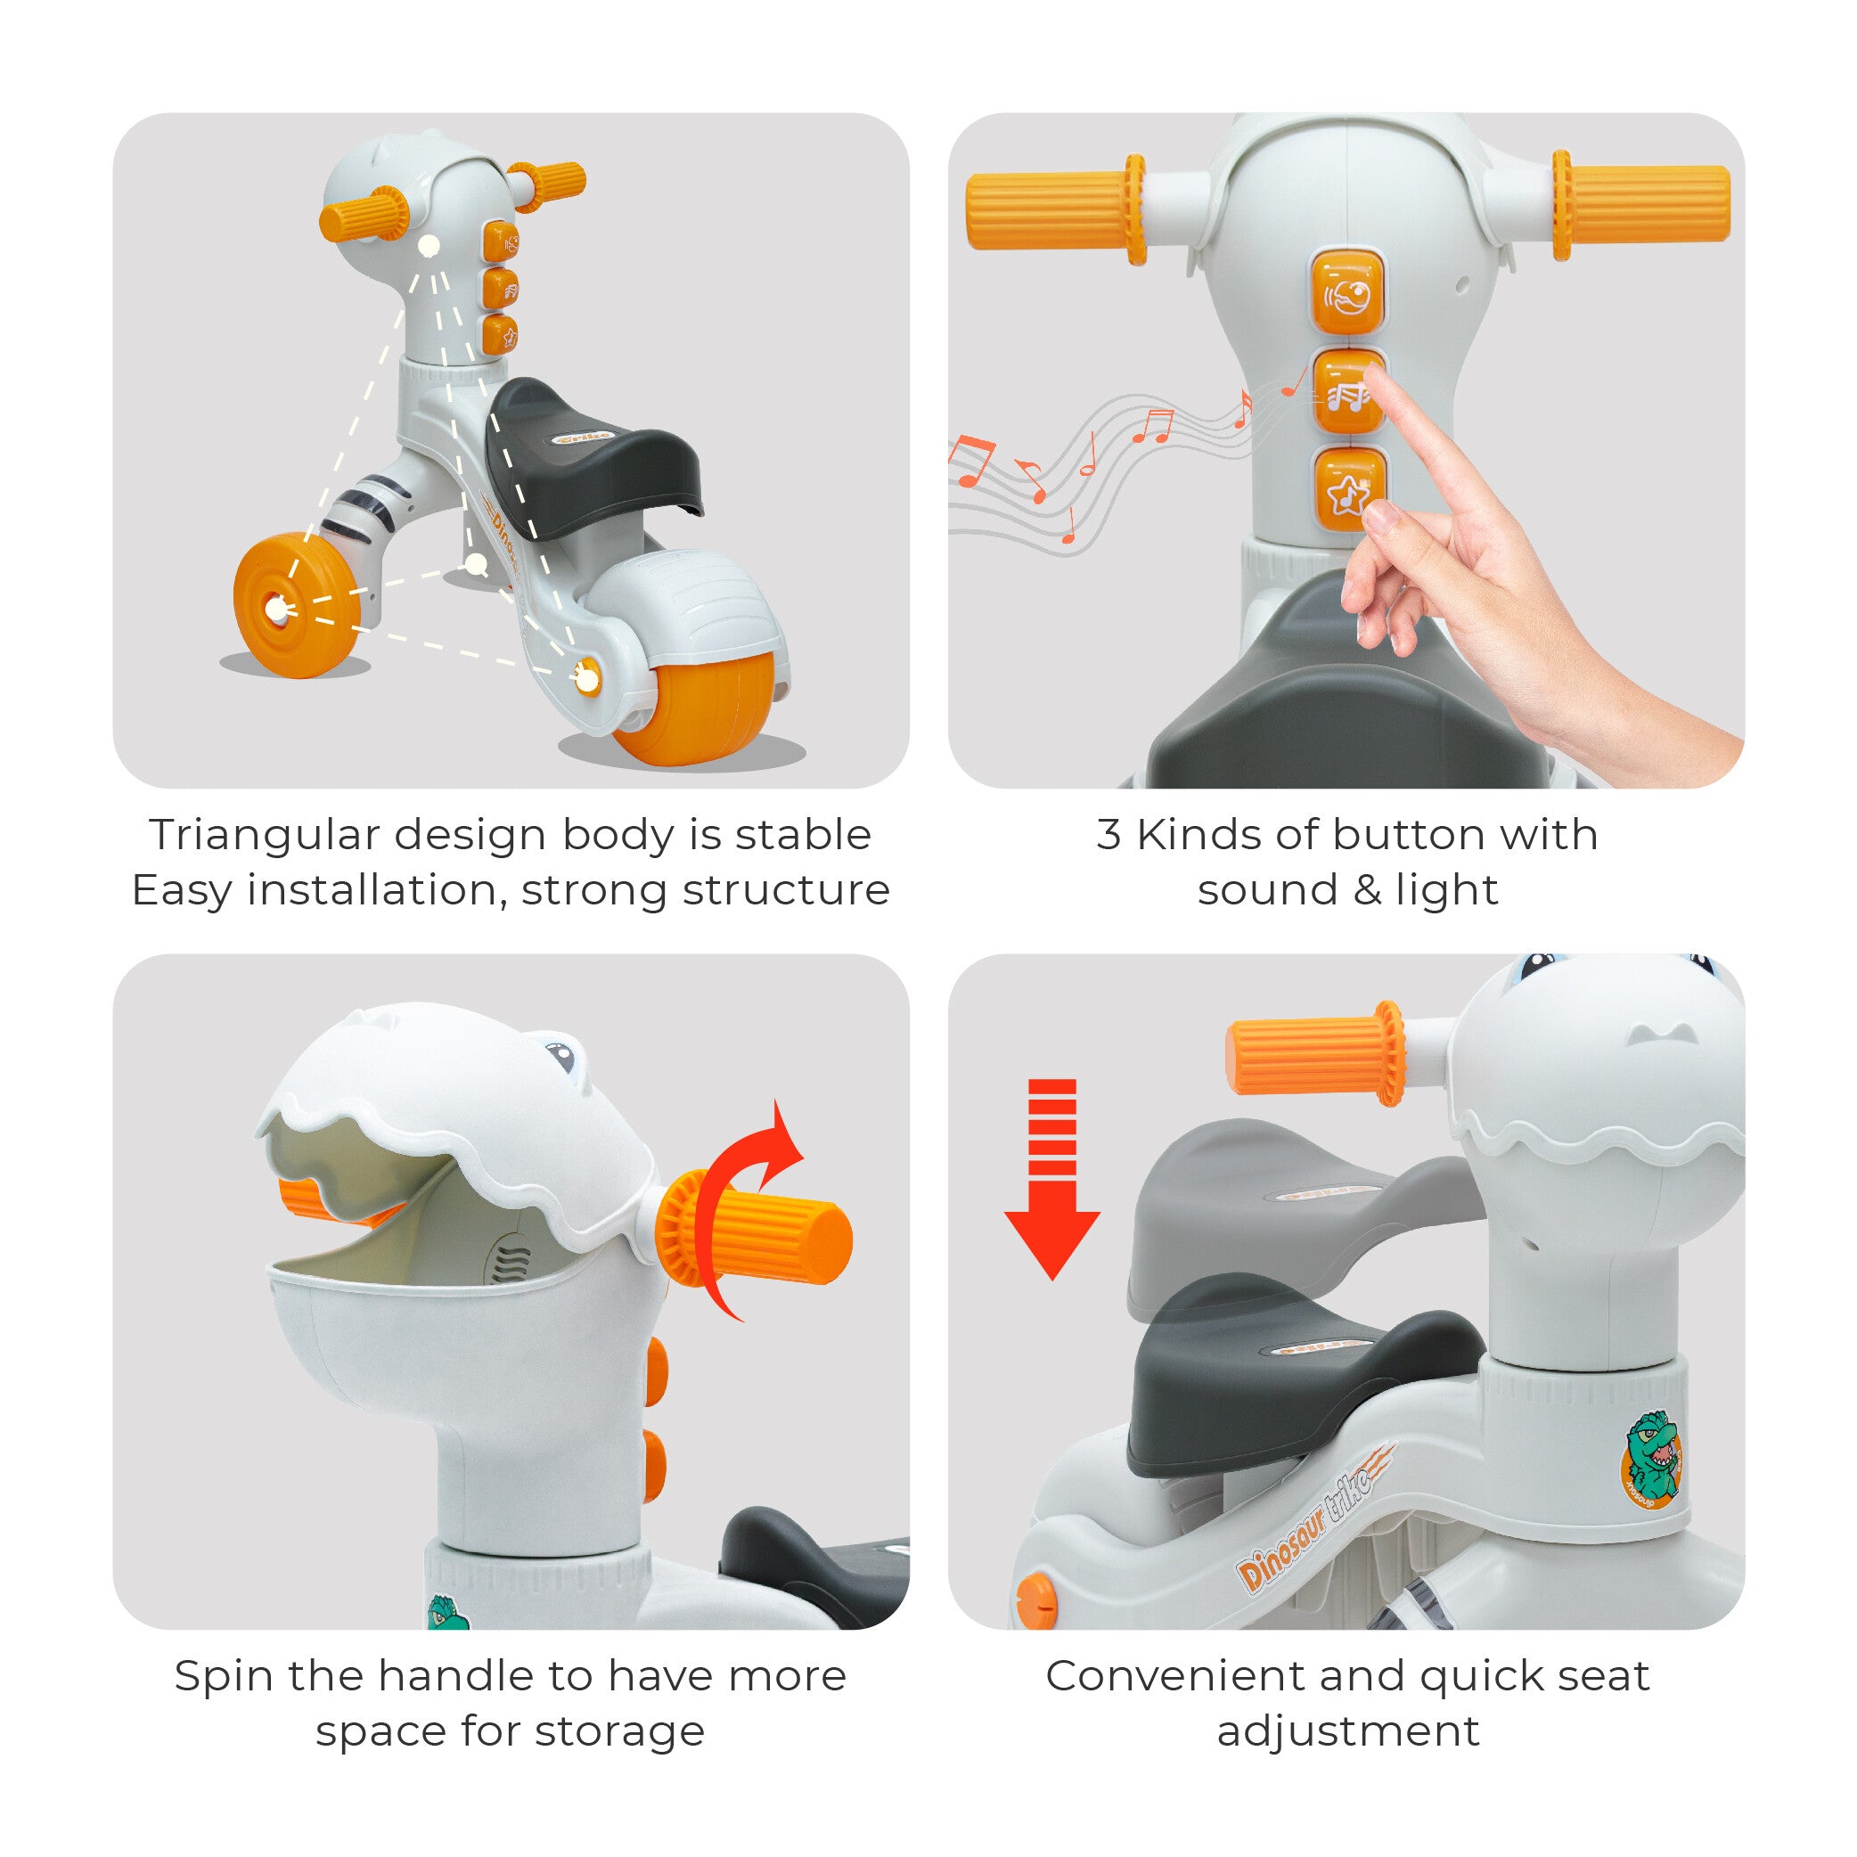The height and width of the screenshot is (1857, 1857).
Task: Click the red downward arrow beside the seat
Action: tap(1052, 1178)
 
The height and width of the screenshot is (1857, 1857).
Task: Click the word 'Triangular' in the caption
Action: tap(265, 836)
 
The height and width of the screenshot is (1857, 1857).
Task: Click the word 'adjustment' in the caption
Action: tap(1347, 1733)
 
